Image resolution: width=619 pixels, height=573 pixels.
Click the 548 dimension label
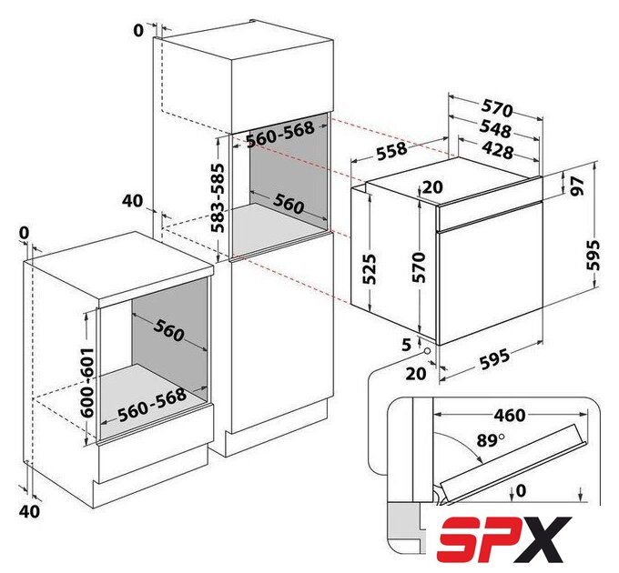[x=495, y=129]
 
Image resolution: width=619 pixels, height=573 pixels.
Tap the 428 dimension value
[x=497, y=150]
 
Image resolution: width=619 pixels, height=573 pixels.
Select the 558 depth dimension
[x=391, y=151]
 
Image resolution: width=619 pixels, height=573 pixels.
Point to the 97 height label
[x=577, y=186]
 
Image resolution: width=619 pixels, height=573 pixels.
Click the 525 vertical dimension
[x=370, y=269]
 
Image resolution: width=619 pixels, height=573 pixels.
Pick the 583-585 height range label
[x=218, y=198]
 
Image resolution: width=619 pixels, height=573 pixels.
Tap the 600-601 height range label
[x=86, y=383]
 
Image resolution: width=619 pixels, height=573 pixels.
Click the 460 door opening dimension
[x=510, y=416]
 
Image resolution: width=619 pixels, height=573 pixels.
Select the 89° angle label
[x=491, y=439]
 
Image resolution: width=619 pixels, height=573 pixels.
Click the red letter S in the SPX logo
[x=462, y=539]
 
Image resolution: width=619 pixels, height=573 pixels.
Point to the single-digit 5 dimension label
[x=407, y=345]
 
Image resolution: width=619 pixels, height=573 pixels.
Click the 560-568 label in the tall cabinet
[x=279, y=134]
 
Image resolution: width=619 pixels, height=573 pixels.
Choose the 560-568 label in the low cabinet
[x=152, y=405]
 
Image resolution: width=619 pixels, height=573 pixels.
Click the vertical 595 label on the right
[x=594, y=255]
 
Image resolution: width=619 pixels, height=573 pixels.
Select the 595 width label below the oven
[x=494, y=358]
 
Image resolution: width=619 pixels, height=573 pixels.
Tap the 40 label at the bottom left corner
[x=30, y=511]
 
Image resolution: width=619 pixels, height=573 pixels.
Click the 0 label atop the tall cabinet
[x=138, y=30]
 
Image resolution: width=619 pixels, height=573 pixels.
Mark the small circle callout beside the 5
[x=427, y=351]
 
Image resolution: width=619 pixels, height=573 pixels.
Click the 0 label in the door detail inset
[x=521, y=490]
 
